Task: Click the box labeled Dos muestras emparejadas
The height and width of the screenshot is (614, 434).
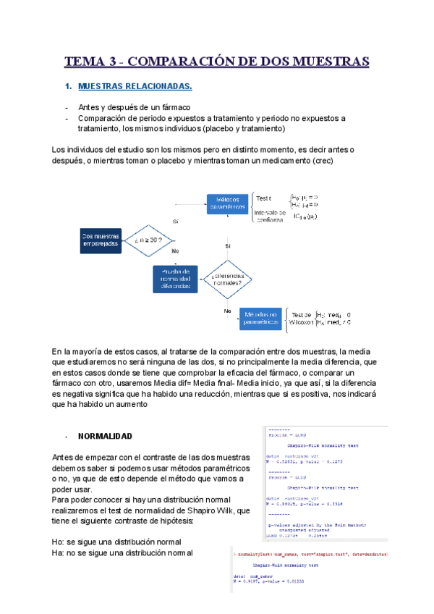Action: pos(101,240)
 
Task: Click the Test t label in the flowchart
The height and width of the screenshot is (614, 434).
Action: pos(264,198)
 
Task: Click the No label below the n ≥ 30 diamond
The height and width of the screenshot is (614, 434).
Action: pos(175,251)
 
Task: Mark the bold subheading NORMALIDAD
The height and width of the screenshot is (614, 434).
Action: pos(104,437)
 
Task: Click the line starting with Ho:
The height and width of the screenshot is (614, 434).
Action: pos(112,542)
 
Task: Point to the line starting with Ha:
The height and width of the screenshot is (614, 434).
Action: pos(122,552)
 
